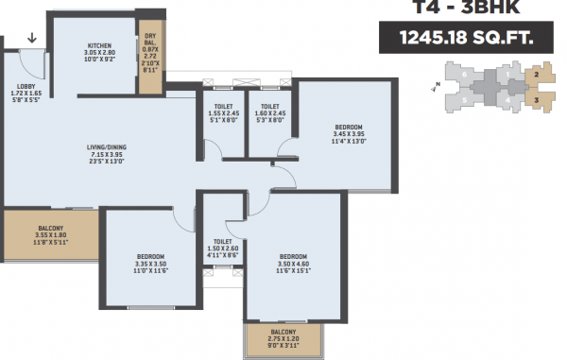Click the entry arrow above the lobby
pyautogui.click(x=34, y=39)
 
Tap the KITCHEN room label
pyautogui.click(x=100, y=45)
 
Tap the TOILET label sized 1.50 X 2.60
pyautogui.click(x=223, y=242)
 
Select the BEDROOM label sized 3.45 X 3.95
pyautogui.click(x=348, y=127)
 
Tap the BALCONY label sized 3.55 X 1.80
pyautogui.click(x=50, y=229)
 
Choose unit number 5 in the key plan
pyautogui.click(x=464, y=99)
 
